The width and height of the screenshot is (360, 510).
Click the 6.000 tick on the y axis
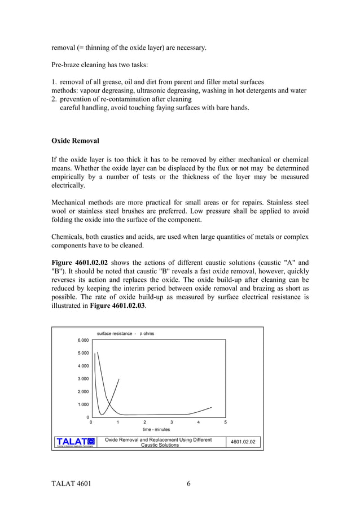pos(82,340)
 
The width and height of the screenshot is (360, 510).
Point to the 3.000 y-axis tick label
pos(82,378)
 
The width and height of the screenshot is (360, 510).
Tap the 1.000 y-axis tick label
pos(82,404)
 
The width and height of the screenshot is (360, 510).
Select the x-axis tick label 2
pos(144,422)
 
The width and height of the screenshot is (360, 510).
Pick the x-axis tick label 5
pos(225,422)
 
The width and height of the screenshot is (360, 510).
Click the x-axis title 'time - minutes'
pos(156,429)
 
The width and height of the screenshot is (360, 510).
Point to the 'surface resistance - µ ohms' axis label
pos(125,333)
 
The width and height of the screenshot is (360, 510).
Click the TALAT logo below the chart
pos(76,442)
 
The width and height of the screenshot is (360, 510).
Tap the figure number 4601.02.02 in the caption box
pos(244,441)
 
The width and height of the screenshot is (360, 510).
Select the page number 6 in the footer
pos(188,483)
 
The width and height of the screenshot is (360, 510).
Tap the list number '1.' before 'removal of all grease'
pos(54,82)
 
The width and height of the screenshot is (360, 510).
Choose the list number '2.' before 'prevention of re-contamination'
pos(54,99)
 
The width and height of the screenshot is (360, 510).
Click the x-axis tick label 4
pos(198,422)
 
